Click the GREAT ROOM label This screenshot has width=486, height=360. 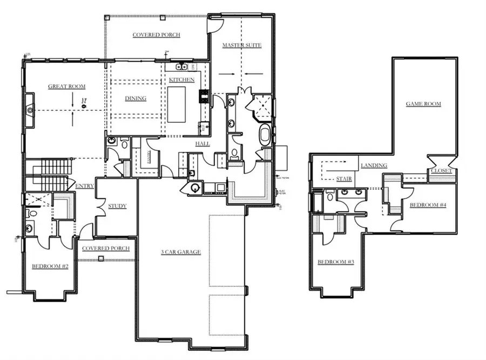pos(67,86)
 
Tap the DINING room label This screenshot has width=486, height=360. pos(136,98)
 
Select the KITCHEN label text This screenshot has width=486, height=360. pos(181,80)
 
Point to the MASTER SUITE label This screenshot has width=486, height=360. pos(242,45)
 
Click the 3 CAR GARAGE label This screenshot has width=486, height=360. pos(181,252)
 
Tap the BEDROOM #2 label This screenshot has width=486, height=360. pos(50,267)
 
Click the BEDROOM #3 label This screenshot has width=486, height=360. pos(335,262)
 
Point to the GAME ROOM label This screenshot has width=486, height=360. pos(424,104)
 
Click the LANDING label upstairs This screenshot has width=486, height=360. pos(374,165)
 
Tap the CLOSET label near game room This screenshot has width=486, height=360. pos(441,171)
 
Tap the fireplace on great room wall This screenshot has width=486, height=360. pos(30,109)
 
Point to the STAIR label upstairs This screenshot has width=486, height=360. pos(344,179)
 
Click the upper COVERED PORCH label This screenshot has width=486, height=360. pos(156,35)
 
